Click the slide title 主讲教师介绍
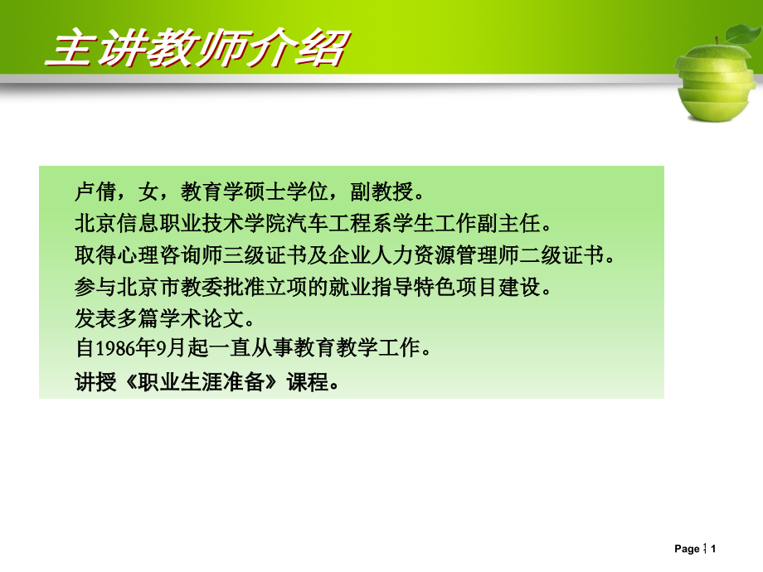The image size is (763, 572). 195,49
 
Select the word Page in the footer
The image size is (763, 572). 687,549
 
